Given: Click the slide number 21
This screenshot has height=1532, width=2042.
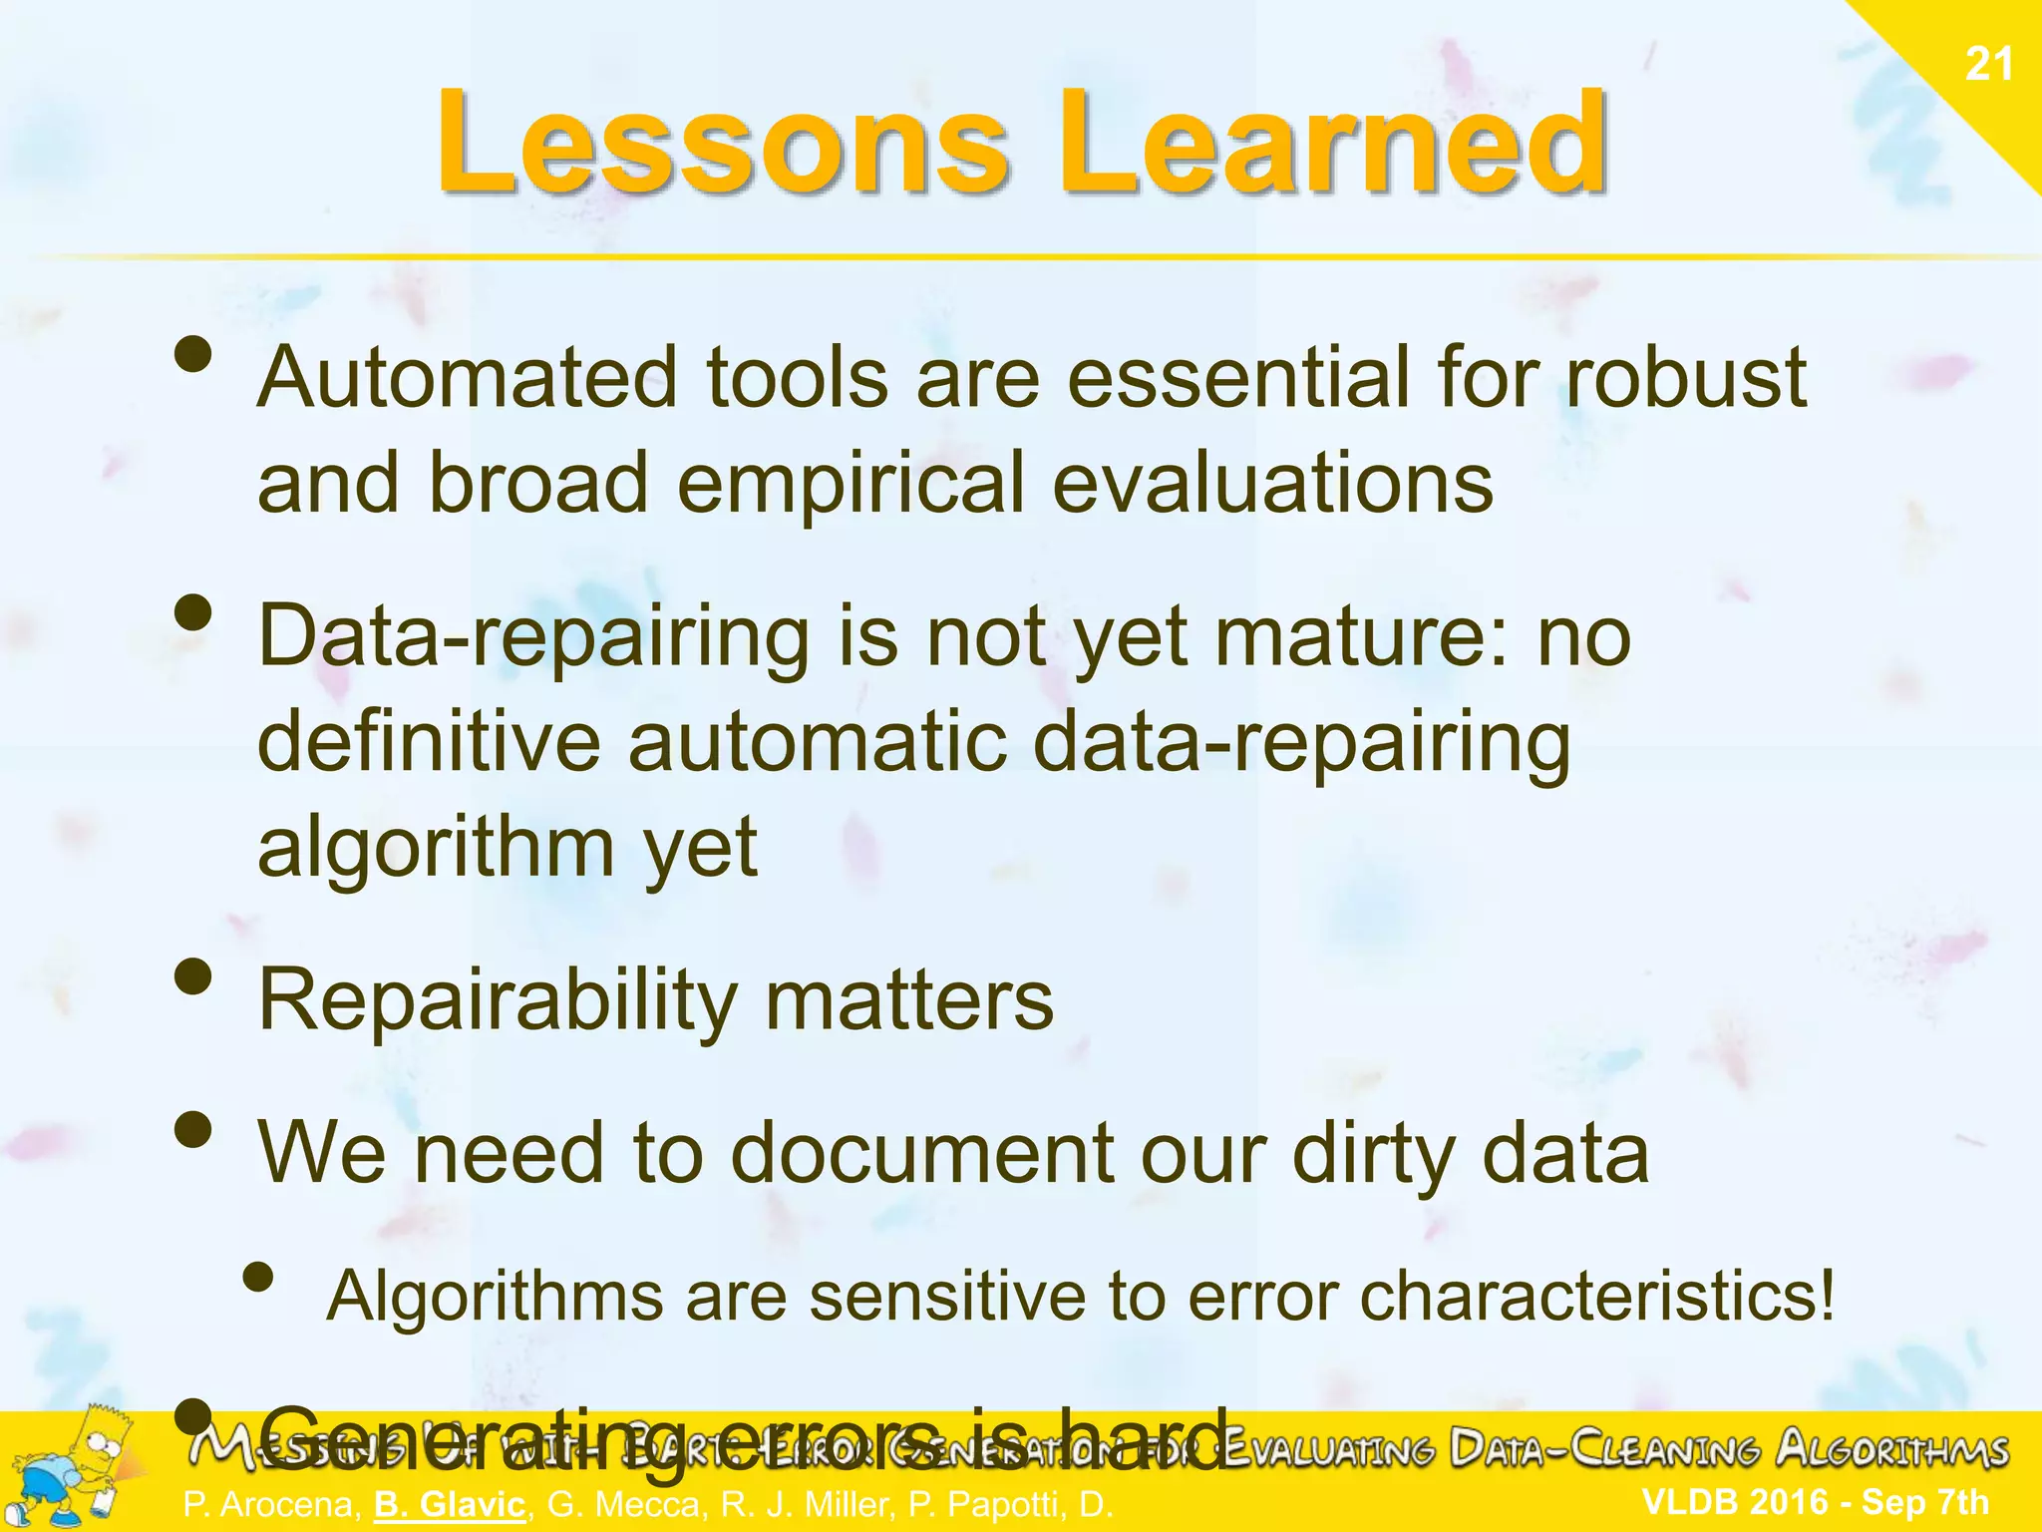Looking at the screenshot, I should click(1988, 65).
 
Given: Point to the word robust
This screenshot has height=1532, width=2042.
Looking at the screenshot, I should click(1685, 379).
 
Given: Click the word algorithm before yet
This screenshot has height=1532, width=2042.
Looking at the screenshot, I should click(436, 848).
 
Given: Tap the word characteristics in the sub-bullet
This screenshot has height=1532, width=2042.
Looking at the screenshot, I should click(1595, 1297).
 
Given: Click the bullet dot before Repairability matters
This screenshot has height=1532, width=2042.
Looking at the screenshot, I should click(193, 977).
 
